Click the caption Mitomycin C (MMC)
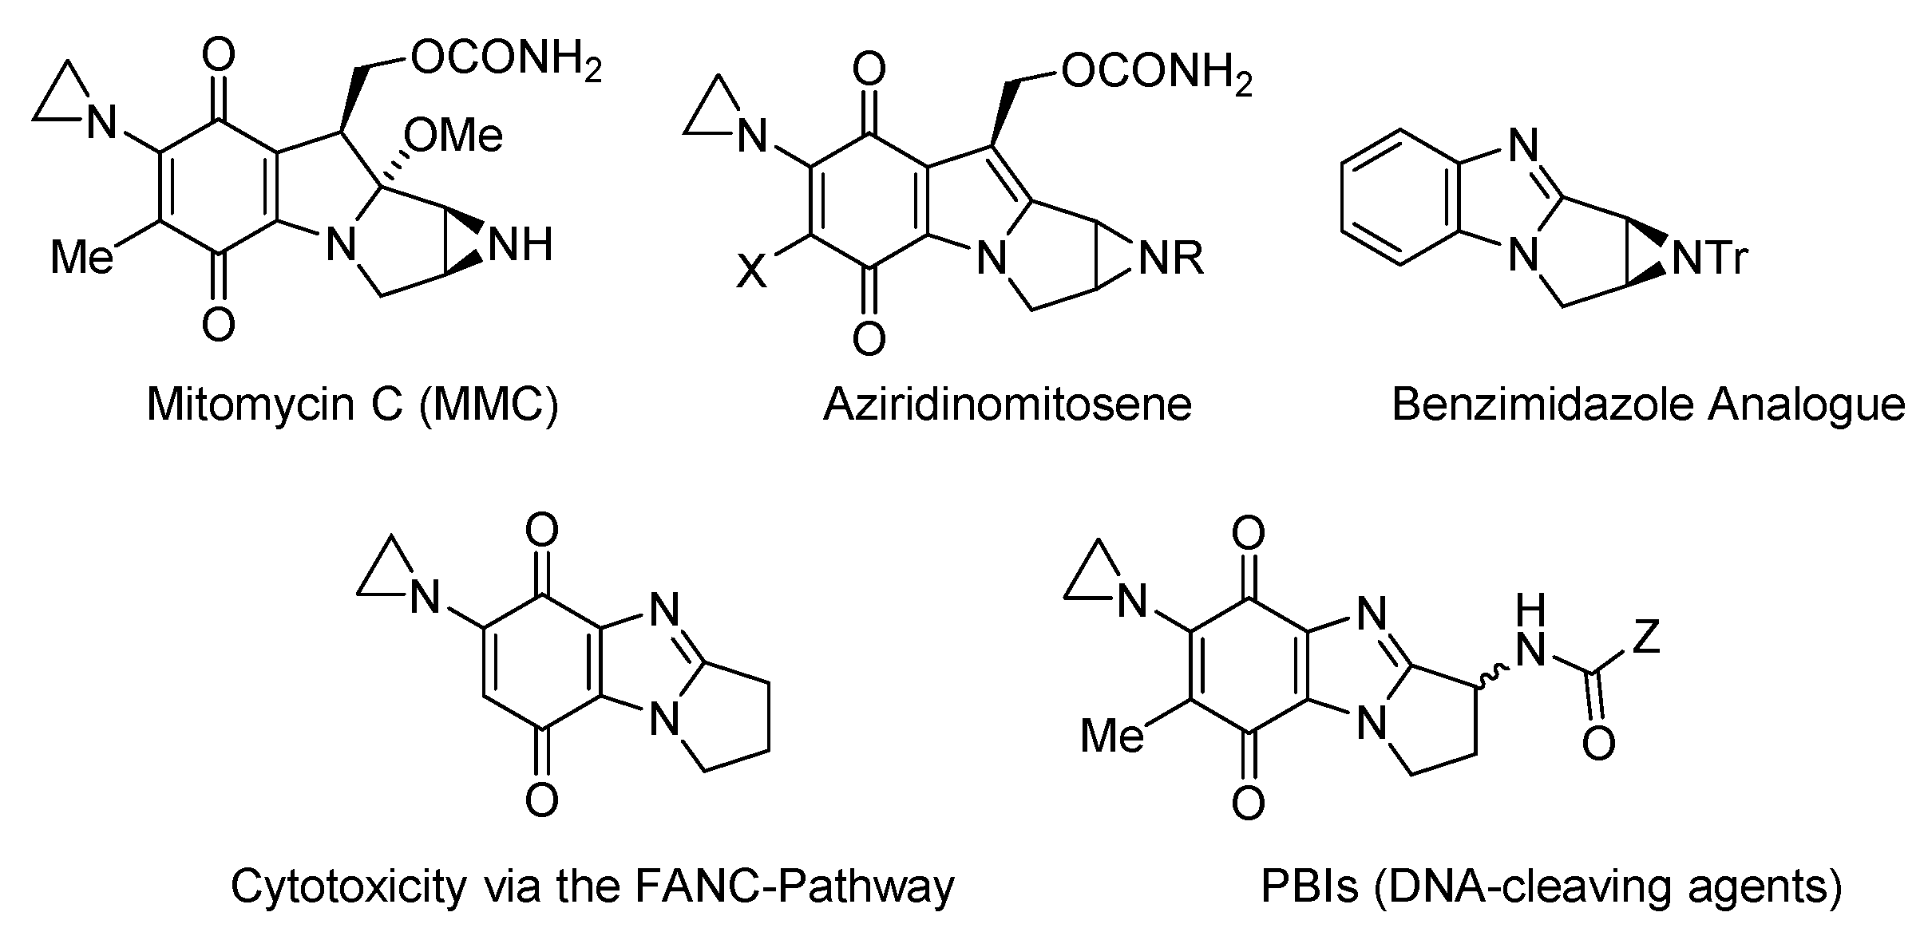[x=352, y=405]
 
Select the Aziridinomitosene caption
[x=1008, y=405]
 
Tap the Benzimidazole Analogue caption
[x=1649, y=405]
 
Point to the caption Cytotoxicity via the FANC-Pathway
[x=592, y=886]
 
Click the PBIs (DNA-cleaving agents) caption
[x=1551, y=886]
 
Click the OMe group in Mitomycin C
[x=453, y=135]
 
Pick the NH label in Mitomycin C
[x=521, y=243]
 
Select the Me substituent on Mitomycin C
[x=81, y=258]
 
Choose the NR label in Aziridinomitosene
[x=1170, y=259]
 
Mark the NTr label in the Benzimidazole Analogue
[x=1709, y=259]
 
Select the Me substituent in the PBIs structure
[x=1111, y=735]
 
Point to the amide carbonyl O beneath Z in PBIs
[x=1598, y=744]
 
